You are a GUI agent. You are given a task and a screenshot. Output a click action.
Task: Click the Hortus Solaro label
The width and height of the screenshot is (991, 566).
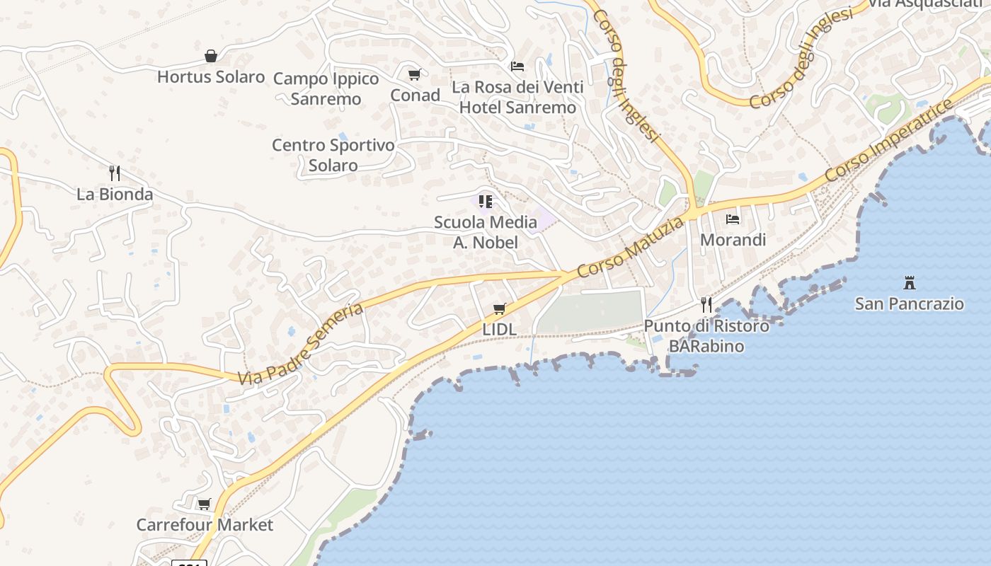click(x=211, y=76)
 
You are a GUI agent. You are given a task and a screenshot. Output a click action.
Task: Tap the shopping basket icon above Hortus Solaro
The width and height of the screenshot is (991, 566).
click(x=211, y=56)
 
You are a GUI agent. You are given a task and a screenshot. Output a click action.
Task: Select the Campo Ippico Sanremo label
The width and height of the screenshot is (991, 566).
click(x=326, y=88)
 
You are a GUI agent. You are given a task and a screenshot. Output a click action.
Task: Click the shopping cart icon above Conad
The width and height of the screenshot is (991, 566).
click(x=415, y=74)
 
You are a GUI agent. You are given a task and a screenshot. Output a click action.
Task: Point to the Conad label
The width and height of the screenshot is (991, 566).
click(x=416, y=95)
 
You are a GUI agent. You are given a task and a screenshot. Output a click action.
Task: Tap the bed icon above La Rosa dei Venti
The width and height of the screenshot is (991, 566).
click(x=517, y=67)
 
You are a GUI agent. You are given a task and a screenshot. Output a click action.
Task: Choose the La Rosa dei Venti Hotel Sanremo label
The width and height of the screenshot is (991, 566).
click(x=518, y=97)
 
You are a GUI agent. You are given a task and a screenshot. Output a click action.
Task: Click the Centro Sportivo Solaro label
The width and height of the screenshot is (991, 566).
click(x=333, y=155)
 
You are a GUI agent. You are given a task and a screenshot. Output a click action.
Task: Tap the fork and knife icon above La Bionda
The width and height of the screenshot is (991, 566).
click(x=115, y=173)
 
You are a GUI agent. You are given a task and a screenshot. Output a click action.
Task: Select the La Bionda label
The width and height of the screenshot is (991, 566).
click(x=115, y=194)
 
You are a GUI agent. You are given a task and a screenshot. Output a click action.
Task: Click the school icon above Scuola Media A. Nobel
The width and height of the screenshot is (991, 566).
click(x=486, y=202)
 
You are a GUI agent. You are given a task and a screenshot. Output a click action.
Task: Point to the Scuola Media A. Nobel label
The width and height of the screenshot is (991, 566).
click(x=486, y=232)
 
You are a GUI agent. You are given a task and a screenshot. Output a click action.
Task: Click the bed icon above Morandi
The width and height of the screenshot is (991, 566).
click(x=733, y=219)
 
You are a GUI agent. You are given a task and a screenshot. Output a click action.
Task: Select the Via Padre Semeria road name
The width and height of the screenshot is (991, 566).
click(x=301, y=345)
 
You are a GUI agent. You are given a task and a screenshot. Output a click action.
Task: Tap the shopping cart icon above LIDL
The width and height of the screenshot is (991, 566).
click(x=500, y=308)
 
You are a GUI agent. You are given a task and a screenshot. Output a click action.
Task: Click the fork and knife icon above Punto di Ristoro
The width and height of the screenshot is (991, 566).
click(x=706, y=305)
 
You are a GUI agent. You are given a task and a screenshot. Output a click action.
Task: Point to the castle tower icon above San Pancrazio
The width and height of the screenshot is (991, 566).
click(x=910, y=283)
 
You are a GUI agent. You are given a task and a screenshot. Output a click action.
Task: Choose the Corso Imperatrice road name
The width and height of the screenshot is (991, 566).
click(x=890, y=140)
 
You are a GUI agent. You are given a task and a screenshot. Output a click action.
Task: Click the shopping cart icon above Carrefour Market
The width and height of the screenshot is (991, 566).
click(x=205, y=504)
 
